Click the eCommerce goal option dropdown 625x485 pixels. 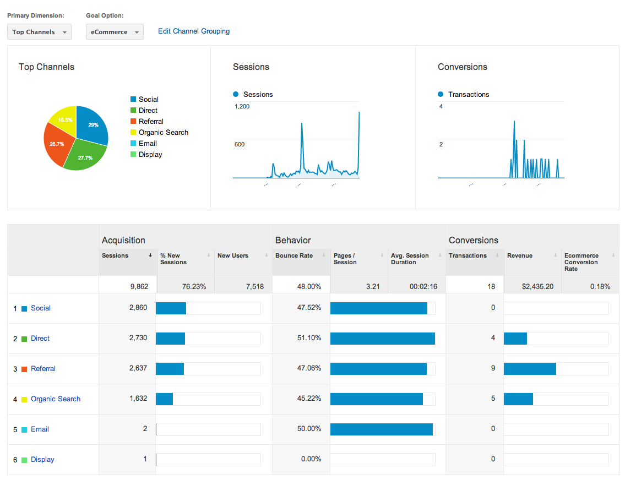click(115, 32)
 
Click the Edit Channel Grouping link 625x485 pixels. click(194, 31)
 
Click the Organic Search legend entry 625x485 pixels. click(163, 133)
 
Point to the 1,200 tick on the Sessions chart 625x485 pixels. click(242, 106)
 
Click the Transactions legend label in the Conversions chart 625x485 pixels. click(468, 95)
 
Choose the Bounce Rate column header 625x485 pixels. click(294, 256)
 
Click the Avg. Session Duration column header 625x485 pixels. click(410, 259)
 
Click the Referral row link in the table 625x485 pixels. click(43, 369)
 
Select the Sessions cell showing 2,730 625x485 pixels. click(138, 338)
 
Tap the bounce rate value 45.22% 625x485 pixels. click(309, 399)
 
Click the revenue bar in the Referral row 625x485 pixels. click(530, 369)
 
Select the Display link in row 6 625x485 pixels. click(42, 460)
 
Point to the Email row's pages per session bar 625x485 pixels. click(381, 429)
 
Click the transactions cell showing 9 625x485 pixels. click(493, 368)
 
